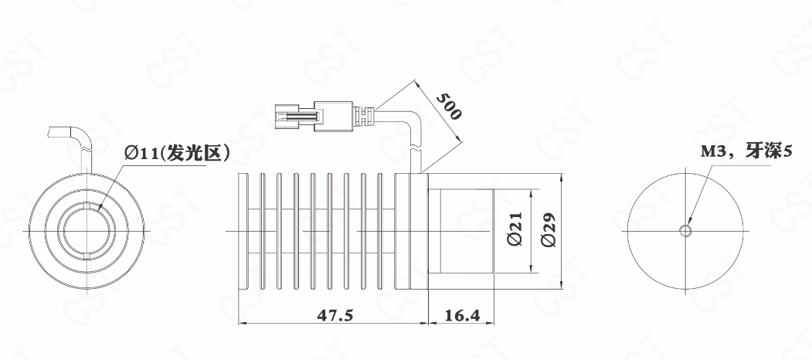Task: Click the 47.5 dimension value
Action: click(x=334, y=315)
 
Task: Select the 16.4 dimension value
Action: click(x=461, y=315)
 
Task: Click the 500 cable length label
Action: click(x=448, y=106)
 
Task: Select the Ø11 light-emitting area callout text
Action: click(x=177, y=153)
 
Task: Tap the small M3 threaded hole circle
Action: click(x=685, y=230)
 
